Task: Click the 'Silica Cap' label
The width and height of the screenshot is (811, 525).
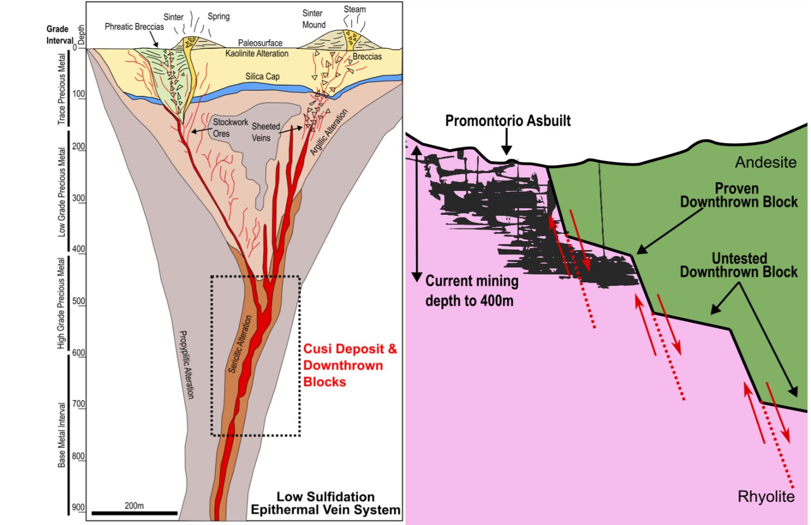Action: pos(262,76)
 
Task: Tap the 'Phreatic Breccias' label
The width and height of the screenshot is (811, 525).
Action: pos(134,27)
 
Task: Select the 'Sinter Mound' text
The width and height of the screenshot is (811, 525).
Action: pos(313,19)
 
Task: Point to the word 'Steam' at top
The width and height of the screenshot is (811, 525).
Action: pos(355,9)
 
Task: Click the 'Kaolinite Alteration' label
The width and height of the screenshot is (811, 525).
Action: pos(257,54)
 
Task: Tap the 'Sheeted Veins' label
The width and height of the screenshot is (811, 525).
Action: pos(265,132)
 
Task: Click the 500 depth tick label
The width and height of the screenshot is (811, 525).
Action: pos(79,301)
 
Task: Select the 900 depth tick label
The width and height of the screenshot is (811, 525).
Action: pos(79,507)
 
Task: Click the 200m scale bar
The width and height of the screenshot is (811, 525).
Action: pos(134,513)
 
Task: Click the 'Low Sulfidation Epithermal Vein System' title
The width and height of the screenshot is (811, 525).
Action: pos(325,503)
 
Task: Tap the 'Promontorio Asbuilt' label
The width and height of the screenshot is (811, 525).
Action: pos(507,121)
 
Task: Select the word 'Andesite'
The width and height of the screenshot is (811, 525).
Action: pos(765,162)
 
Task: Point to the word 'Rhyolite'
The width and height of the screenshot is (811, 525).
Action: pos(765,496)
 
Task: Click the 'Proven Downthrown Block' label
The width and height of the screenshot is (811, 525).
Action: pos(738,195)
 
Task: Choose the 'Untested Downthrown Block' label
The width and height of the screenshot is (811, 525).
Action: pos(738,265)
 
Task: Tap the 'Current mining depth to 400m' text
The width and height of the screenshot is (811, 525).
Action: pos(471,291)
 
